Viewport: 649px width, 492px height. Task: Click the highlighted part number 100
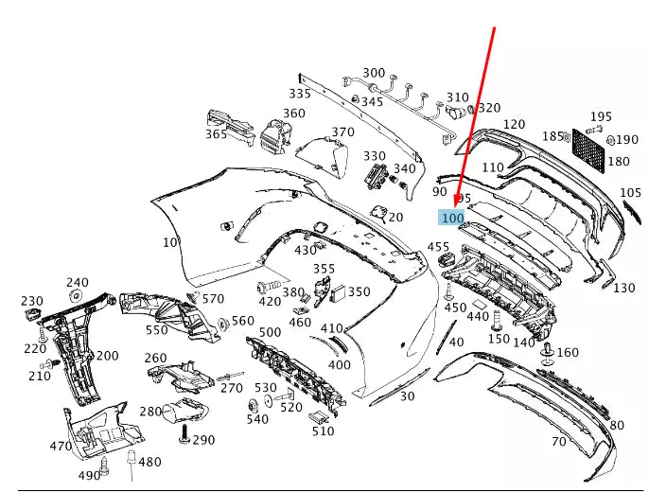(x=452, y=218)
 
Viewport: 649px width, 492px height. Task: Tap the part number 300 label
(x=374, y=73)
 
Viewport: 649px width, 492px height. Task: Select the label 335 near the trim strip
(x=300, y=94)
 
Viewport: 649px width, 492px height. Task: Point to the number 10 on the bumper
(x=169, y=242)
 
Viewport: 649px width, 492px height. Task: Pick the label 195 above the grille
(x=602, y=116)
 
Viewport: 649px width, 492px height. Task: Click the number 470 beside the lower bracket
(x=61, y=447)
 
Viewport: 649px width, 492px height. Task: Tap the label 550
(x=156, y=330)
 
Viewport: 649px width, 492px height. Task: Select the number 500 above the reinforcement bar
(x=270, y=332)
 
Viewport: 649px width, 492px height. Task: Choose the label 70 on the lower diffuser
(x=558, y=441)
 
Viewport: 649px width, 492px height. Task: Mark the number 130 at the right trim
(x=624, y=288)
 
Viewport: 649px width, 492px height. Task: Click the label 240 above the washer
(x=77, y=282)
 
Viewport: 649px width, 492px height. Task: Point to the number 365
(x=216, y=134)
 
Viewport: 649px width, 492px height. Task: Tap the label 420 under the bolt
(x=270, y=302)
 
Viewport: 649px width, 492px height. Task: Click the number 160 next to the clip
(x=568, y=353)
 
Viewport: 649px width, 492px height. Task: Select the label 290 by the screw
(x=203, y=440)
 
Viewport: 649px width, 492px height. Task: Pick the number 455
(x=438, y=247)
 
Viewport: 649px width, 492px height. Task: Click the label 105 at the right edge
(x=630, y=193)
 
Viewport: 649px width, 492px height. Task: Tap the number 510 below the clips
(x=324, y=431)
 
